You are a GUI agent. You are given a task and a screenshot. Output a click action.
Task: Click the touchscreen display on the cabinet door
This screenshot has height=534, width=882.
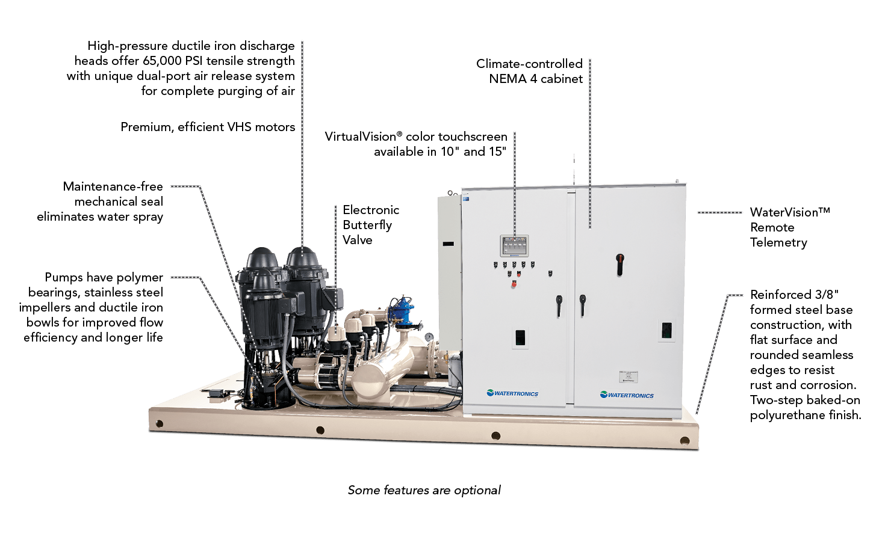pos(514,246)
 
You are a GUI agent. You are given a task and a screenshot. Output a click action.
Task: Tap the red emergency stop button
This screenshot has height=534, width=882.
pos(514,284)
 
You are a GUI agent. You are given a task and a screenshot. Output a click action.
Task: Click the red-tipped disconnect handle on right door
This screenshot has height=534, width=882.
pos(620,263)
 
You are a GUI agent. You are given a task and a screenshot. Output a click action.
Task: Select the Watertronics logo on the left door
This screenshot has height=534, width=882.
pos(512,393)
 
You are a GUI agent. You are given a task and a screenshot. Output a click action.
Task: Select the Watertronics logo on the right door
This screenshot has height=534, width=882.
pos(627,395)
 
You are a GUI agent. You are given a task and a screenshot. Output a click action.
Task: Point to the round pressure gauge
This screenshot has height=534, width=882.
pos(429,337)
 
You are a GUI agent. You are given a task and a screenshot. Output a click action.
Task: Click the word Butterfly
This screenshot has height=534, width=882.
pos(367,225)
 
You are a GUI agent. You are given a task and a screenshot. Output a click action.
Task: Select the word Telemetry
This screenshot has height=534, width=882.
pos(778,242)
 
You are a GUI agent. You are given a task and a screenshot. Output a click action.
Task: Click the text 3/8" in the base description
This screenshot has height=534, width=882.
pos(827,295)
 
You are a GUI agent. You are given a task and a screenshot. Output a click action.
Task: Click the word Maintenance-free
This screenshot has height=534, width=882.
pos(113,186)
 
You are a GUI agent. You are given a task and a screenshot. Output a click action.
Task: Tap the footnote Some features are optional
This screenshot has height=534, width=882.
pos(424,490)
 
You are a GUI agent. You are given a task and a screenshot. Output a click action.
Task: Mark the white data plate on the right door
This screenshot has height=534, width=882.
pos(628,377)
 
